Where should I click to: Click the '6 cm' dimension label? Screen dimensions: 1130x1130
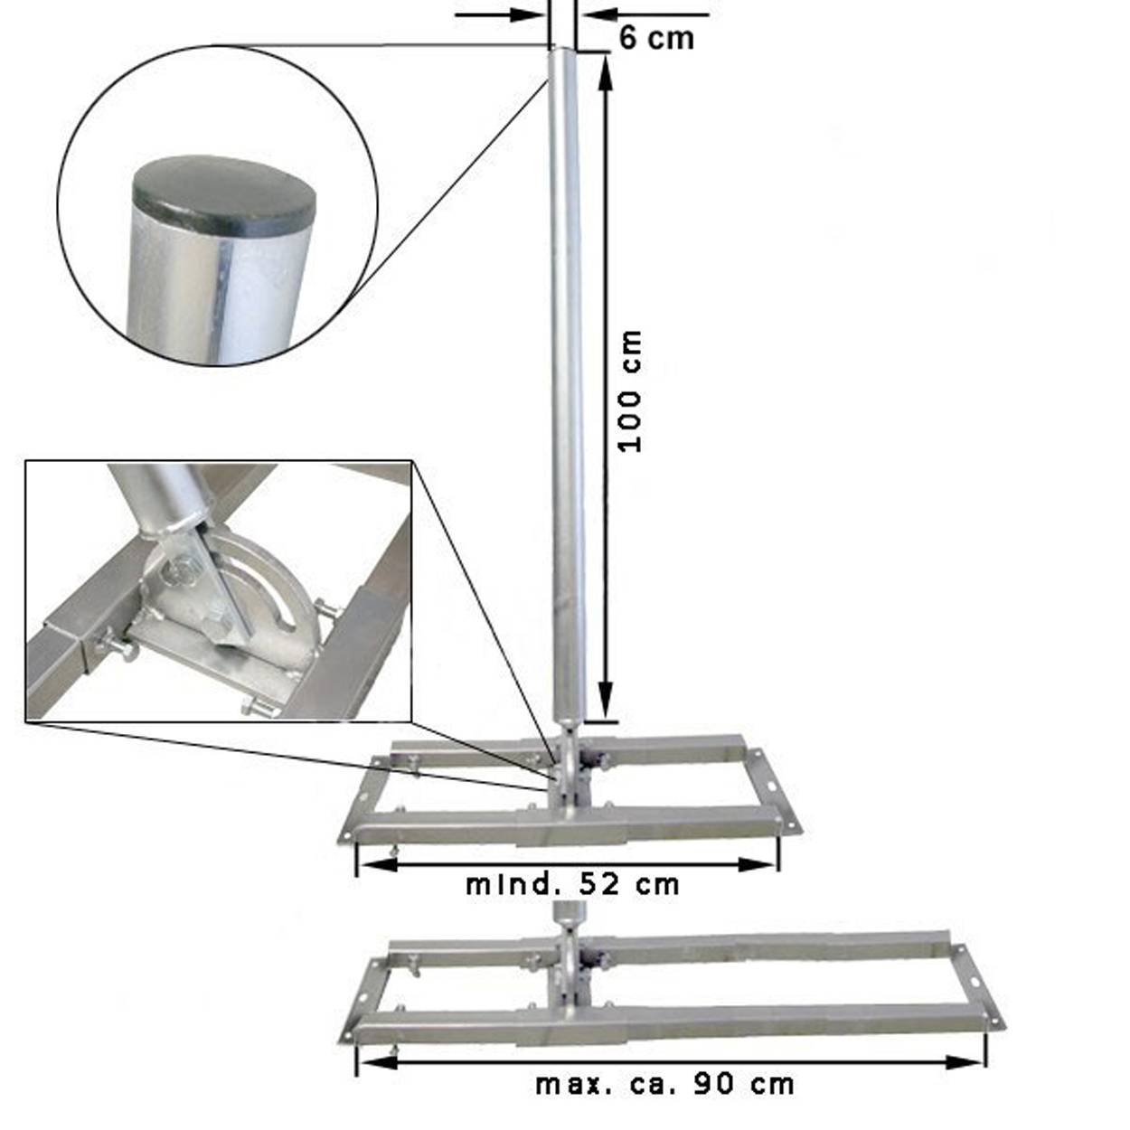[x=656, y=38]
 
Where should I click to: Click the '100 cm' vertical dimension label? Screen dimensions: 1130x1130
[x=630, y=391]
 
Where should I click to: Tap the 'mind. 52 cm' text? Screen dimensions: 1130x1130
[x=572, y=884]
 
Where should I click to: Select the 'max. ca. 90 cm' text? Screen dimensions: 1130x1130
[x=664, y=1083]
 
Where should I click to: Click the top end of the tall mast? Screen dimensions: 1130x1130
[x=564, y=52]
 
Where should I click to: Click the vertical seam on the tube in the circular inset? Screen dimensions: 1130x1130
[x=220, y=298]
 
